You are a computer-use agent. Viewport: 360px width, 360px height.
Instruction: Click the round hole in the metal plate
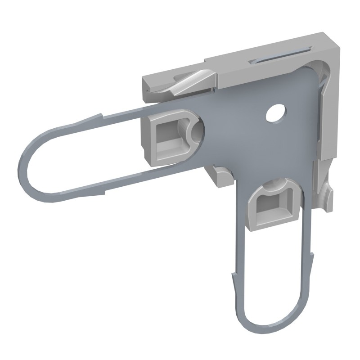click(x=275, y=113)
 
